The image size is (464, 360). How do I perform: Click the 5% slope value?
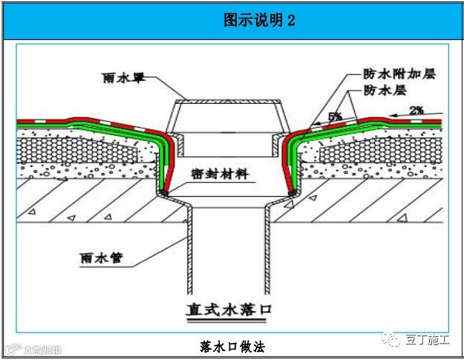335,117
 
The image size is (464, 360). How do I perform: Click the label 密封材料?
220,176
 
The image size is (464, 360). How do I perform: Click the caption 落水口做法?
232,346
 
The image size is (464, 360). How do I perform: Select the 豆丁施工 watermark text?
427,340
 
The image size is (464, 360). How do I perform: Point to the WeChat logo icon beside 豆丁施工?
391,340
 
